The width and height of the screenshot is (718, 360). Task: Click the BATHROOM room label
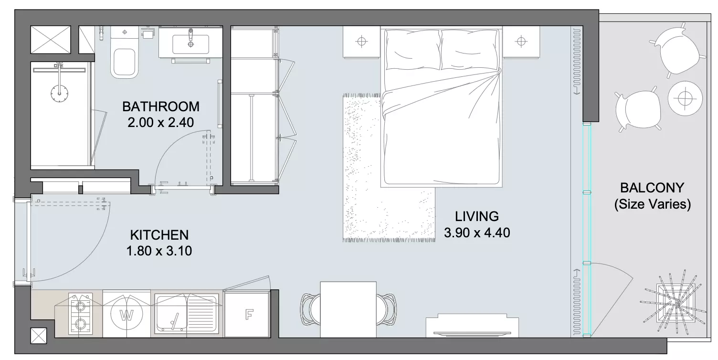[x=160, y=106]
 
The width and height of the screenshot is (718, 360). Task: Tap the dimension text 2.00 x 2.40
[x=160, y=122]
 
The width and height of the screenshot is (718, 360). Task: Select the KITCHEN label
[x=159, y=235]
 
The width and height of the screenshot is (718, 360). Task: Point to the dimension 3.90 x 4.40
[x=477, y=233]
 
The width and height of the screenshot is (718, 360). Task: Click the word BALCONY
[x=652, y=188]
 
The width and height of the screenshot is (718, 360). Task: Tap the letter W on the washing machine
[x=127, y=315]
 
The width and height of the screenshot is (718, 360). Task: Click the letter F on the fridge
[x=249, y=315]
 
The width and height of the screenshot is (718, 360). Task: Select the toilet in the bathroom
[x=125, y=53]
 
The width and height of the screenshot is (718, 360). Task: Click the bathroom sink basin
[x=191, y=44]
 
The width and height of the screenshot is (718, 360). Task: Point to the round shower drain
[x=59, y=93]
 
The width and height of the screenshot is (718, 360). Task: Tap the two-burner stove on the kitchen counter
[x=80, y=314]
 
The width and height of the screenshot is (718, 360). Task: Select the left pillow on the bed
[x=413, y=49]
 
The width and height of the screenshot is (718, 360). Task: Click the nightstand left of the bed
[x=361, y=42]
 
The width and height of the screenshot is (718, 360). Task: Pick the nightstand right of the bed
[x=521, y=42]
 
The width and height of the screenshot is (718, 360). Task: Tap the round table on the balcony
[x=686, y=98]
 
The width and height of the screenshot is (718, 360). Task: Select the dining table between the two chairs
[x=348, y=309]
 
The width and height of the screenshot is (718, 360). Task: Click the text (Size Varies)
[x=652, y=204]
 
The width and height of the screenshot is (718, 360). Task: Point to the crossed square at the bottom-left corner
[x=39, y=336]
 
